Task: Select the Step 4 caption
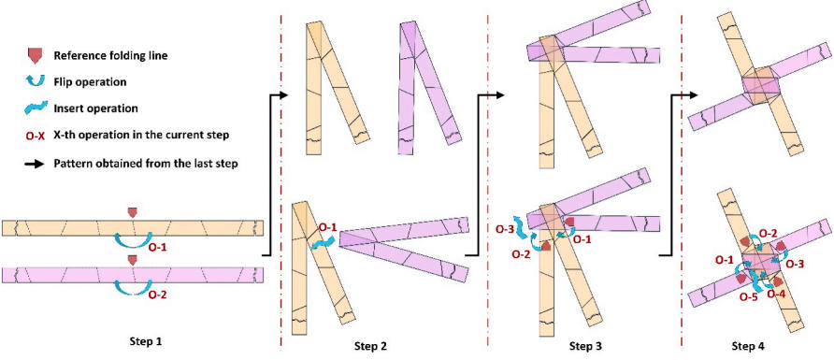752,347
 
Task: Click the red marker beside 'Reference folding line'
35,55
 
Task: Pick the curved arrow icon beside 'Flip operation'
35,82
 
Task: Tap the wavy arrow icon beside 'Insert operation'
36,108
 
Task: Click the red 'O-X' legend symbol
35,135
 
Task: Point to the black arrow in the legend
36,164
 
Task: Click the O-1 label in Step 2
326,227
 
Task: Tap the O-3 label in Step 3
504,230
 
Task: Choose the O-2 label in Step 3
522,255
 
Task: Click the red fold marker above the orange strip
132,212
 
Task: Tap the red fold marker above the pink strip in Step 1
132,260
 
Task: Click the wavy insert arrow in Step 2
323,243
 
